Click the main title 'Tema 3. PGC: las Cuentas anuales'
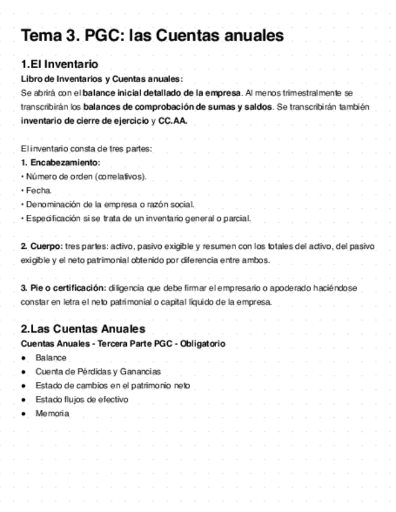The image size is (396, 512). (x=152, y=36)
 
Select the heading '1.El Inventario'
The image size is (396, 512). (x=59, y=64)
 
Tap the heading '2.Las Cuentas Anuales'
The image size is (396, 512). (x=83, y=329)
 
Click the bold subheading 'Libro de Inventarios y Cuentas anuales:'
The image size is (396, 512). (x=102, y=79)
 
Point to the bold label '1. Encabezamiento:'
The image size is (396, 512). (x=60, y=163)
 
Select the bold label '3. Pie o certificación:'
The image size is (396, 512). (x=63, y=288)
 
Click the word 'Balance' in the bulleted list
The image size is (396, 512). (x=51, y=358)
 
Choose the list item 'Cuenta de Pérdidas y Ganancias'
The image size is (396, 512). (x=98, y=372)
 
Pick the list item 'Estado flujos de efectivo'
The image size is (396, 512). (x=81, y=400)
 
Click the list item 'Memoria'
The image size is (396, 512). (x=52, y=414)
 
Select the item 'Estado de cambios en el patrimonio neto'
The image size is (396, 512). (x=112, y=386)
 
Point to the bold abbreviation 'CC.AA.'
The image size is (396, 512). (x=173, y=120)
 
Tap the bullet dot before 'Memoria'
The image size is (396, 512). (x=24, y=414)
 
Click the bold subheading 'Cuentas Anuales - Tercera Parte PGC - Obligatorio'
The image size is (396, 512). (x=123, y=344)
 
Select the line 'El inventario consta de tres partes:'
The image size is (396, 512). (x=86, y=149)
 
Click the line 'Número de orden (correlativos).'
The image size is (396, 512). (x=86, y=177)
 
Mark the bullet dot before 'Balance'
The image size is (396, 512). (x=24, y=358)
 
